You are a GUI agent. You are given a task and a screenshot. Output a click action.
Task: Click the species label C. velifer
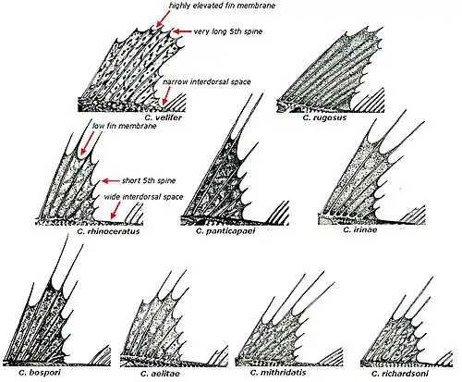164,117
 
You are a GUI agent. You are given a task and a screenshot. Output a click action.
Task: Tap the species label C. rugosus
324,117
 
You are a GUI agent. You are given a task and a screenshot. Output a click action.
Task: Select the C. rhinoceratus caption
108,231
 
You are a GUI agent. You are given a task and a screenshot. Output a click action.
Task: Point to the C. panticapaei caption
225,231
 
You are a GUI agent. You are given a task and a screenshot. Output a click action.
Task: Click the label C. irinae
360,229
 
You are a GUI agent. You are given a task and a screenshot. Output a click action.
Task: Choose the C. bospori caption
40,373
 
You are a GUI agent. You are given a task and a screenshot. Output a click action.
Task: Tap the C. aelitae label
160,374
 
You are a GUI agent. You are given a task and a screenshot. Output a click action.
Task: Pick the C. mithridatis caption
278,373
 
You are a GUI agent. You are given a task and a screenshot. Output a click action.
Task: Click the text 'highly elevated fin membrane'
222,6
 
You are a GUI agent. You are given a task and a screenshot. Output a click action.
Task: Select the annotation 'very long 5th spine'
228,31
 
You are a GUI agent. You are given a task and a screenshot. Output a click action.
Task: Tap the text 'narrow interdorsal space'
207,82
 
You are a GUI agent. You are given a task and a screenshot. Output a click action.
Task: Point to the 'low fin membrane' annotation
125,126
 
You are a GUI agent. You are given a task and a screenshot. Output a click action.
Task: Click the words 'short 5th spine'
149,180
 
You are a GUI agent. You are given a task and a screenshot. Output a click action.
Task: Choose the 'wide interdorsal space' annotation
143,197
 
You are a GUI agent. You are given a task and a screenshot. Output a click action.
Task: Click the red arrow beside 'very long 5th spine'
182,31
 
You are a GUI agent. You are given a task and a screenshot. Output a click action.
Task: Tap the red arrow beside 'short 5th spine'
111,181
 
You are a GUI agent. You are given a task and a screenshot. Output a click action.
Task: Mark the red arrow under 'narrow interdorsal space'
166,95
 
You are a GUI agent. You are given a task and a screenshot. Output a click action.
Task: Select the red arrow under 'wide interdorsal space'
115,210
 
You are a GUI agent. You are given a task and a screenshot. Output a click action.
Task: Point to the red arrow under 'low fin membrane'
86,143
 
